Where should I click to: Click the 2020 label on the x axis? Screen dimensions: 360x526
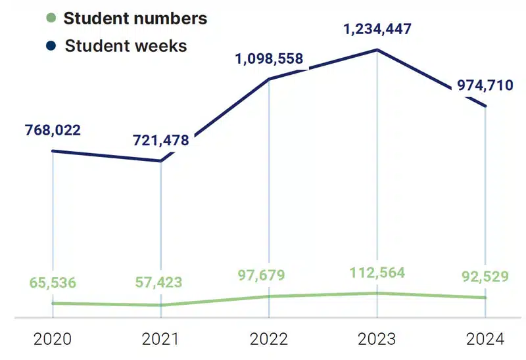(53, 340)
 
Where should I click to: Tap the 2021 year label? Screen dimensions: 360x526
(161, 340)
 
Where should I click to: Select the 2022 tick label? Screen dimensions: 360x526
(269, 340)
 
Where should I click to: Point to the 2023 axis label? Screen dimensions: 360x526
(377, 340)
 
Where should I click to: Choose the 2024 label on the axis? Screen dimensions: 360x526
(485, 340)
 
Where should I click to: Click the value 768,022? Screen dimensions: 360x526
(53, 130)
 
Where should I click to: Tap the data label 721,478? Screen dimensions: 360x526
(161, 140)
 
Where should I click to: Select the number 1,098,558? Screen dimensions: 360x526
(270, 59)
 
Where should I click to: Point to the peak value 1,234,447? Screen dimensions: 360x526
(377, 29)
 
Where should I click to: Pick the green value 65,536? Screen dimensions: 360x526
(53, 283)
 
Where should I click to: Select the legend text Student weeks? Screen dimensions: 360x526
(126, 46)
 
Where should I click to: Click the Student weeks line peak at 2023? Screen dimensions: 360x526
(377, 50)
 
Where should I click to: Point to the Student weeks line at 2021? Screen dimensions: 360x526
(161, 161)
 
